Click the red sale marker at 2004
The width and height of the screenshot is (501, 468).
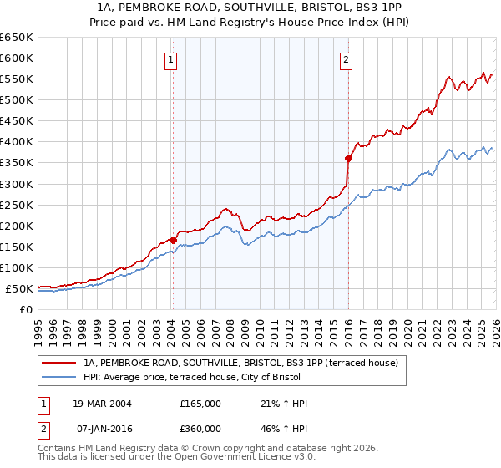pyautogui.click(x=173, y=240)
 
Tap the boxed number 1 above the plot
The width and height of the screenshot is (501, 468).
pyautogui.click(x=171, y=59)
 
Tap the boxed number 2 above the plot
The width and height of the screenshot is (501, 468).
pyautogui.click(x=346, y=59)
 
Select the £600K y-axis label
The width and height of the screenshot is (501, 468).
pyautogui.click(x=17, y=58)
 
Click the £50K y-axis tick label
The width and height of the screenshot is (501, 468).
pyautogui.click(x=19, y=289)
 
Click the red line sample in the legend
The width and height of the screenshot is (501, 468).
pyautogui.click(x=58, y=363)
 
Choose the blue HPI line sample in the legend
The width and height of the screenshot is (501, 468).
pyautogui.click(x=58, y=377)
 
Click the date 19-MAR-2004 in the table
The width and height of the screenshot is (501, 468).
pyautogui.click(x=97, y=404)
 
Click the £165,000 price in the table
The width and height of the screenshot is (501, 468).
pyautogui.click(x=200, y=404)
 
